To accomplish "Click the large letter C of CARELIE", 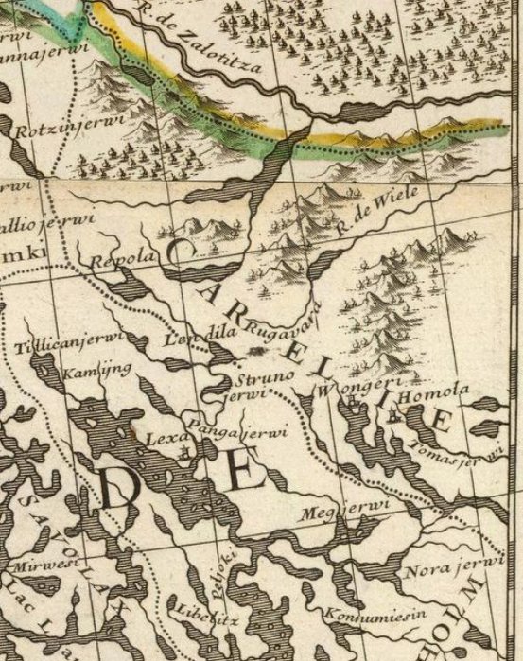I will pyautogui.click(x=182, y=252).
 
